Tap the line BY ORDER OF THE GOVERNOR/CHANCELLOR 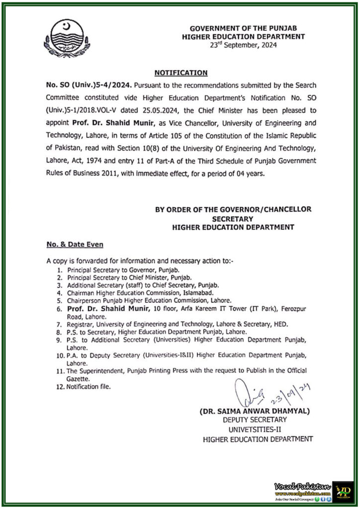233,209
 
